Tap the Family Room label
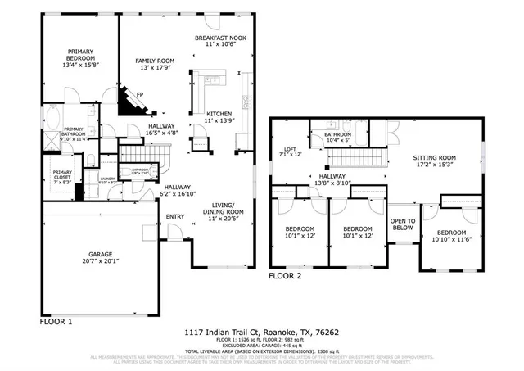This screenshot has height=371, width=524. coord(155,65)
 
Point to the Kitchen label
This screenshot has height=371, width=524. coord(219,117)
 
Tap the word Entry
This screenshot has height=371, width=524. coord(175,216)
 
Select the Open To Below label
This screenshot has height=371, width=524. coord(402,224)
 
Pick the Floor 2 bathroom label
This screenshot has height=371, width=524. coord(337,138)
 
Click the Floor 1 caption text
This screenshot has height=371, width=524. coord(56,322)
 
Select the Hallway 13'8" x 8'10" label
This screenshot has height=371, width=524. coord(332,180)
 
